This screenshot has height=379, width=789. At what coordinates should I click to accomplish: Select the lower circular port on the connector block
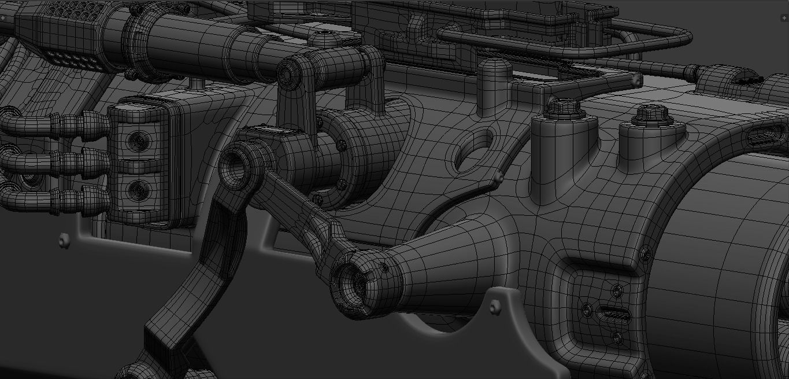tap(138, 188)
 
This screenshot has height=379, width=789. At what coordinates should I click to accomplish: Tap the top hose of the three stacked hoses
tap(58, 123)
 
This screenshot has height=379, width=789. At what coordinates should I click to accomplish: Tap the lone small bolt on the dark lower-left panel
tap(64, 240)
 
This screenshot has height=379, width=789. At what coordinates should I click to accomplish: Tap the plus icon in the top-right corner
tap(784, 18)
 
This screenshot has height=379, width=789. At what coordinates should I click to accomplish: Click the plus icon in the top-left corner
tap(3, 18)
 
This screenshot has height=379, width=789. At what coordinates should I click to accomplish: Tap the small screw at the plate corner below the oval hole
tap(498, 176)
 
